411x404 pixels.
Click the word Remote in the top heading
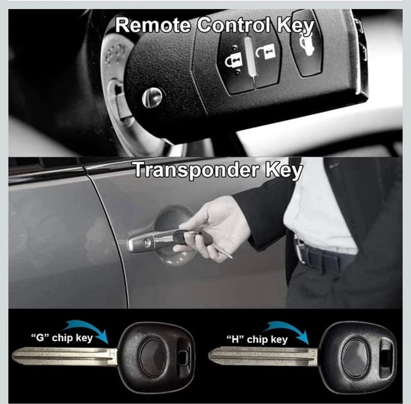pyautogui.click(x=153, y=25)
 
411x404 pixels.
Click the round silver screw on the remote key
pyautogui.click(x=152, y=97)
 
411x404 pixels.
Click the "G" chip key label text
pyautogui.click(x=62, y=338)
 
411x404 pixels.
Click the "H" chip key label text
pyautogui.click(x=257, y=340)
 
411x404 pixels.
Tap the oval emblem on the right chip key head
pyautogui.click(x=355, y=358)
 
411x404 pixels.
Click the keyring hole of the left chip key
pyautogui.click(x=184, y=357)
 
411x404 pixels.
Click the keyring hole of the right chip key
pyautogui.click(x=386, y=356)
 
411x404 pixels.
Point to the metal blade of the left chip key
pyautogui.click(x=64, y=356)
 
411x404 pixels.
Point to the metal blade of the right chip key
pyautogui.click(x=263, y=356)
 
